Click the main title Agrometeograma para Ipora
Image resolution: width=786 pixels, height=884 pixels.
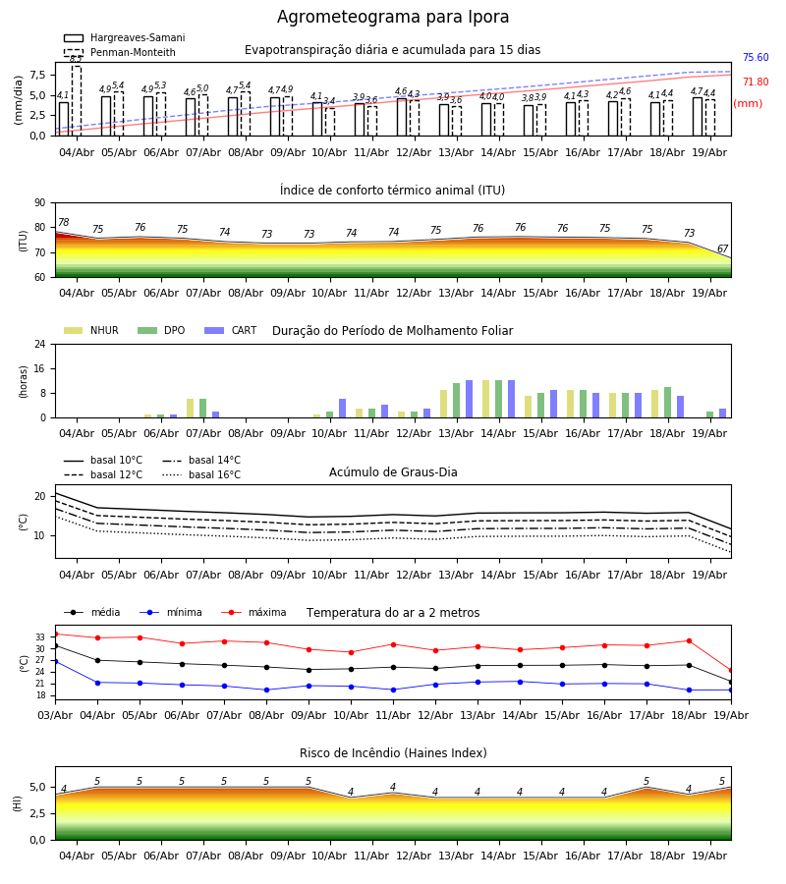tap(392, 17)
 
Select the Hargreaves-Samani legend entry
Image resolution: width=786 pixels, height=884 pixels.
tap(125, 37)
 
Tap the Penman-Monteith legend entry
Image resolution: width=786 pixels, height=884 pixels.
tap(120, 52)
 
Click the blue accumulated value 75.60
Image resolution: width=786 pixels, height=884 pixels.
tap(756, 58)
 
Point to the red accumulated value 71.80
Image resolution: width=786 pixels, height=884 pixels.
tap(756, 82)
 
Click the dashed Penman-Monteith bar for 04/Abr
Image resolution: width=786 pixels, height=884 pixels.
tap(76, 101)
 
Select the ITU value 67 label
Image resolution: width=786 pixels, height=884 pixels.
tap(722, 249)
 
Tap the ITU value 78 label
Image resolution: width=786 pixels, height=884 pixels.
tap(64, 222)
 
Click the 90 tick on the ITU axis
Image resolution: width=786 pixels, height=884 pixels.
tap(40, 203)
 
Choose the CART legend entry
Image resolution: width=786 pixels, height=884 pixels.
tap(231, 330)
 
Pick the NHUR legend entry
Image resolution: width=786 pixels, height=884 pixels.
tap(91, 330)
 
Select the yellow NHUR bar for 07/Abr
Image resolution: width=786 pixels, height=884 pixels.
tap(190, 409)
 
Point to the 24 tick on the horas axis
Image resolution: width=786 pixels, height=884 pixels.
tap(40, 344)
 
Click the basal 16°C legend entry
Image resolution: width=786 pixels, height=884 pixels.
tap(201, 474)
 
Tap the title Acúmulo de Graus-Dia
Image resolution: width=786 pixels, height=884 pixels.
tap(393, 471)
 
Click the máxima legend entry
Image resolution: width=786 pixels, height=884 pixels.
tap(253, 612)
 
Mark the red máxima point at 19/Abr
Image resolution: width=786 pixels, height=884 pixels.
tap(731, 670)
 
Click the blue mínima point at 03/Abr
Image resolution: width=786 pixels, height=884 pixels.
tap(55, 661)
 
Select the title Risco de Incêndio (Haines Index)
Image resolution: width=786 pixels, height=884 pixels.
tap(393, 752)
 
